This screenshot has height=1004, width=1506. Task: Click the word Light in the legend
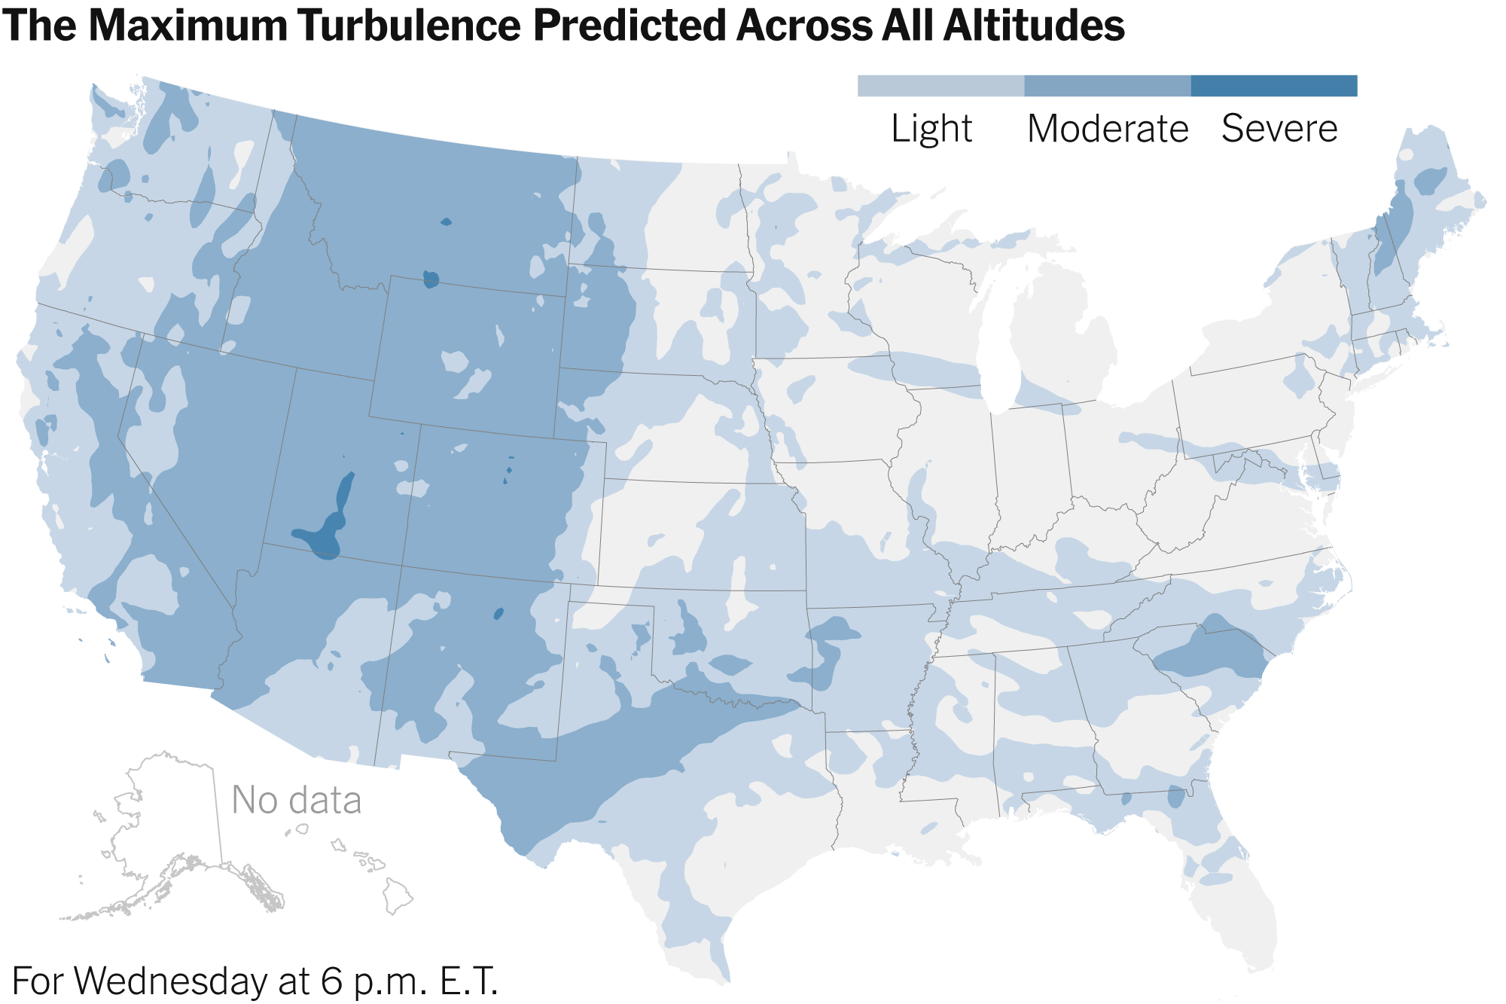click(931, 129)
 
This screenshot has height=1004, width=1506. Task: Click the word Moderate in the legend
click(1107, 129)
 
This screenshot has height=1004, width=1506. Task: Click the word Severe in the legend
click(1279, 129)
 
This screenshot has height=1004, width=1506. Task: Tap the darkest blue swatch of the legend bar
click(1274, 86)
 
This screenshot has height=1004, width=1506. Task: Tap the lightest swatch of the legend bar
click(940, 86)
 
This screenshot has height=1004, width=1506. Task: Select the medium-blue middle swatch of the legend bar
click(1107, 86)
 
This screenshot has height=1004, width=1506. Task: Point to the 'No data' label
click(296, 800)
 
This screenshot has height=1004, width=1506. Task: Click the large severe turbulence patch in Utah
click(331, 527)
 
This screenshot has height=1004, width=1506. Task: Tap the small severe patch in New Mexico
click(498, 614)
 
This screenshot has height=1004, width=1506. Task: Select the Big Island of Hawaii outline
click(398, 896)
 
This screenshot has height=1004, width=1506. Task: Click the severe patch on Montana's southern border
click(431, 279)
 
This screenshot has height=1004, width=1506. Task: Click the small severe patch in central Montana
click(447, 222)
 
